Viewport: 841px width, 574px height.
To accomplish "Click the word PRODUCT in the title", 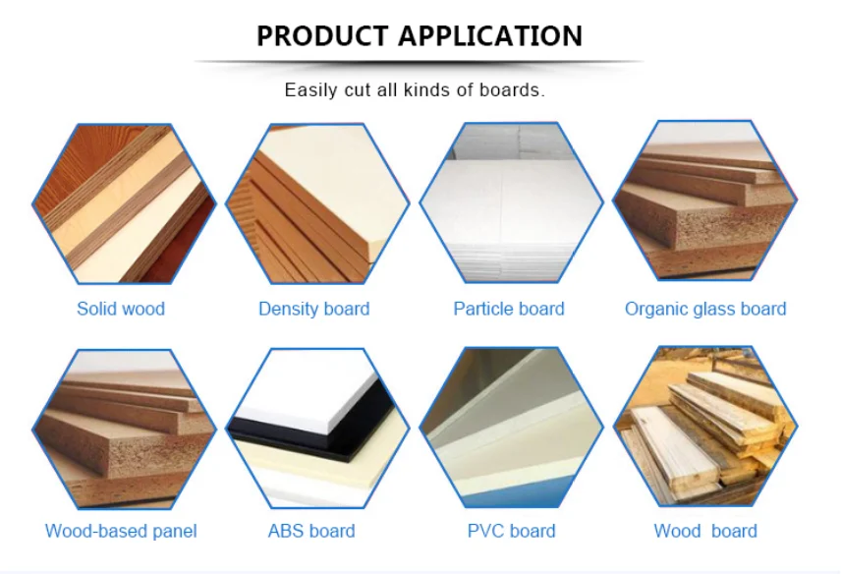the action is (x=322, y=36).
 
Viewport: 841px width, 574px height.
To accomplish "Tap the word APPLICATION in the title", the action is (x=490, y=36).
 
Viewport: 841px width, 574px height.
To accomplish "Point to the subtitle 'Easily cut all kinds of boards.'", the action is (x=415, y=89).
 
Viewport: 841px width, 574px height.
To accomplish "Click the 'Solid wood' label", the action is (x=121, y=309).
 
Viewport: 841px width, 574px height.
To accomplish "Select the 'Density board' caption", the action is (x=313, y=309).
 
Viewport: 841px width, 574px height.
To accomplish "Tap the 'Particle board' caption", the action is (x=509, y=309).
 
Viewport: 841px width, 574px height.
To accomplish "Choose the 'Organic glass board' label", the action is (x=705, y=309).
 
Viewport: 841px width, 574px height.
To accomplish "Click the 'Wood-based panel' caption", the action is (x=121, y=531).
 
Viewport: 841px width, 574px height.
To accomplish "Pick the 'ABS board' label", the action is (x=311, y=531).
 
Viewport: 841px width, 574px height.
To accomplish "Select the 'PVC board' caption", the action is (x=511, y=531).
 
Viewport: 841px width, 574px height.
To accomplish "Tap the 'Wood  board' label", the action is (x=705, y=531).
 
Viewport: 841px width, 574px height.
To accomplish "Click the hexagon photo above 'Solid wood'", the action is (x=124, y=203).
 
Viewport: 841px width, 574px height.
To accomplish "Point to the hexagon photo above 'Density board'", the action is (x=317, y=203).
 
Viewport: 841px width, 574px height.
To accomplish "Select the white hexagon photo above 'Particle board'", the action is (x=511, y=202).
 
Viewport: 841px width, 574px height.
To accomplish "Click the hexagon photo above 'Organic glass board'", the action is (x=705, y=201).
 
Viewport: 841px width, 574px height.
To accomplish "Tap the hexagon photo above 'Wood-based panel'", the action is (x=124, y=429).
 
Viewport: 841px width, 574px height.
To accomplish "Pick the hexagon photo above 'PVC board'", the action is (x=511, y=427).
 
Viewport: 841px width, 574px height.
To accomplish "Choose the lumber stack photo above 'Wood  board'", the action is (x=705, y=426).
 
